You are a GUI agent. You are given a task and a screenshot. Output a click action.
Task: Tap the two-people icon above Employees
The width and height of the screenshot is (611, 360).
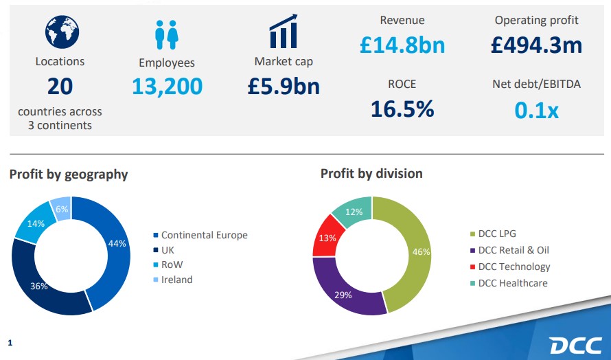[166, 34]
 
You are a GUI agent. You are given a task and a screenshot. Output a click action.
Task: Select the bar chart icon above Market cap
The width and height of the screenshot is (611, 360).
[283, 31]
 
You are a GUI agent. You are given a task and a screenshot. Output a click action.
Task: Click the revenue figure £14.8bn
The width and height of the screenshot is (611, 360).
[402, 45]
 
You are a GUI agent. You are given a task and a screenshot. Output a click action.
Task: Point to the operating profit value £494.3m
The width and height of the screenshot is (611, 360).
[536, 45]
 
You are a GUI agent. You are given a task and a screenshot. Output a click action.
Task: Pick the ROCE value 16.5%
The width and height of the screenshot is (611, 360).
[402, 109]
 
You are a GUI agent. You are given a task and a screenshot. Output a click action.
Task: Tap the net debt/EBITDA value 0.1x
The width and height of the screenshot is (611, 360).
[536, 110]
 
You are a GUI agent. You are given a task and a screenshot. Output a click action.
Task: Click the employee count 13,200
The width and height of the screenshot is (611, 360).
[167, 87]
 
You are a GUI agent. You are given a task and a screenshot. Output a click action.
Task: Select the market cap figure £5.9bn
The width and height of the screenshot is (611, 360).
[284, 86]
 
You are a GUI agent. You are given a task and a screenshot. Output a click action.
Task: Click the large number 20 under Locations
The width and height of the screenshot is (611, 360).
[60, 87]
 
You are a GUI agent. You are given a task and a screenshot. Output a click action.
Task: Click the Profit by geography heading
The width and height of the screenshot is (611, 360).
[69, 175]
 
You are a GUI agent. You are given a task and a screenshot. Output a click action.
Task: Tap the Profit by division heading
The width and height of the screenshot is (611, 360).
[371, 174]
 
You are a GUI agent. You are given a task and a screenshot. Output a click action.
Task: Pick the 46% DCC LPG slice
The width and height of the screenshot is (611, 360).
[416, 251]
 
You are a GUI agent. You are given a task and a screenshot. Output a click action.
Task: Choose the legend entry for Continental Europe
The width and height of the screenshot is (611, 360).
[204, 235]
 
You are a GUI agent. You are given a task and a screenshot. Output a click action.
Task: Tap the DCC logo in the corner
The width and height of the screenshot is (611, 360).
[575, 344]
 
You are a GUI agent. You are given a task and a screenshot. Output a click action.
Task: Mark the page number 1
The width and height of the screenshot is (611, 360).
[10, 341]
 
